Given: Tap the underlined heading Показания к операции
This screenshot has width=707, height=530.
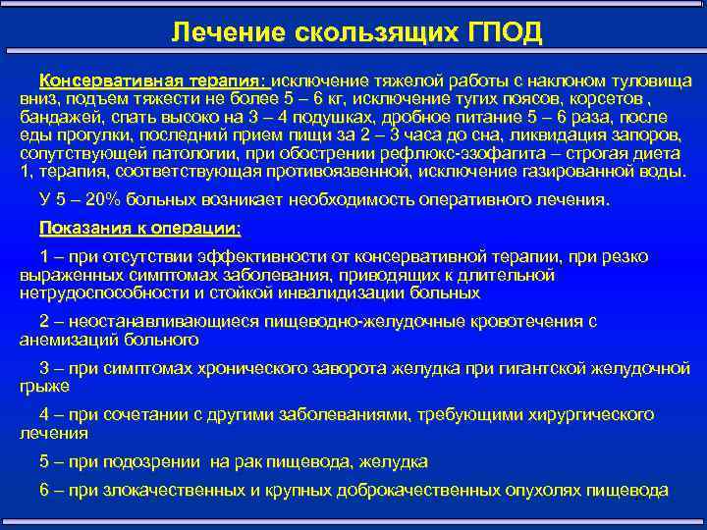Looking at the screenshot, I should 139,229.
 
